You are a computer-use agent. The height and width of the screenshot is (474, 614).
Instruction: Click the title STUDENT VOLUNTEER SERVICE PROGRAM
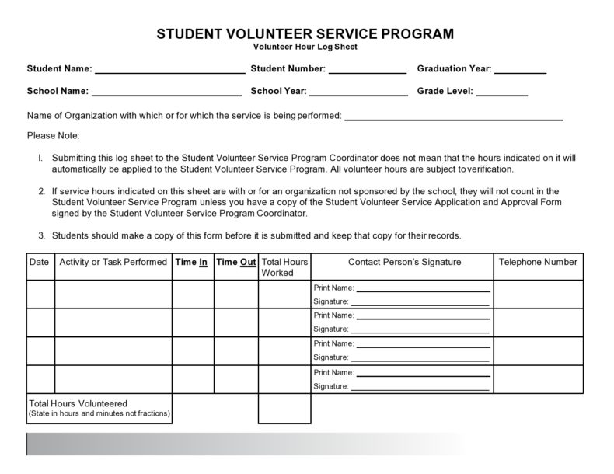pos(305,34)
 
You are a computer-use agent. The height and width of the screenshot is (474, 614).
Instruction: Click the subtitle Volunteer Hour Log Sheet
pos(305,47)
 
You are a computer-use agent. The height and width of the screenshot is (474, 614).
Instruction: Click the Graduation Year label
pos(454,68)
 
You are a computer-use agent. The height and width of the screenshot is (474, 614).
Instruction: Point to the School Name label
pos(58,91)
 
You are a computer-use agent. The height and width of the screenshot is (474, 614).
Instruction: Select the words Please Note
pos(53,135)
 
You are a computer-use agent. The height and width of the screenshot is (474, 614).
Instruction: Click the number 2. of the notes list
pos(41,191)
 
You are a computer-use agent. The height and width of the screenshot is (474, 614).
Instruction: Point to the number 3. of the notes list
pos(41,235)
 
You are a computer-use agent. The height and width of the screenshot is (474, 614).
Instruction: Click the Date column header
pos(39,263)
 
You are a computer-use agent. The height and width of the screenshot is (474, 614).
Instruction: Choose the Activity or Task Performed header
pos(113,263)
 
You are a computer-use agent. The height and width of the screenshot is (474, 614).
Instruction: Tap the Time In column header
pos(192,263)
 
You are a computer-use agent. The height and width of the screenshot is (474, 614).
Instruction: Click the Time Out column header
pos(235,263)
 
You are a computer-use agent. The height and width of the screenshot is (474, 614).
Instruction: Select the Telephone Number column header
pos(539,263)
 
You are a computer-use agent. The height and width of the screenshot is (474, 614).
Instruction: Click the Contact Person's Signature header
pos(404,263)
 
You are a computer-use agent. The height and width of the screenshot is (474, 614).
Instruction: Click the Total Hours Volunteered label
pos(78,404)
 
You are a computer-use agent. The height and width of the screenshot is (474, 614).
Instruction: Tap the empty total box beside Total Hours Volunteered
pos(284,409)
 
